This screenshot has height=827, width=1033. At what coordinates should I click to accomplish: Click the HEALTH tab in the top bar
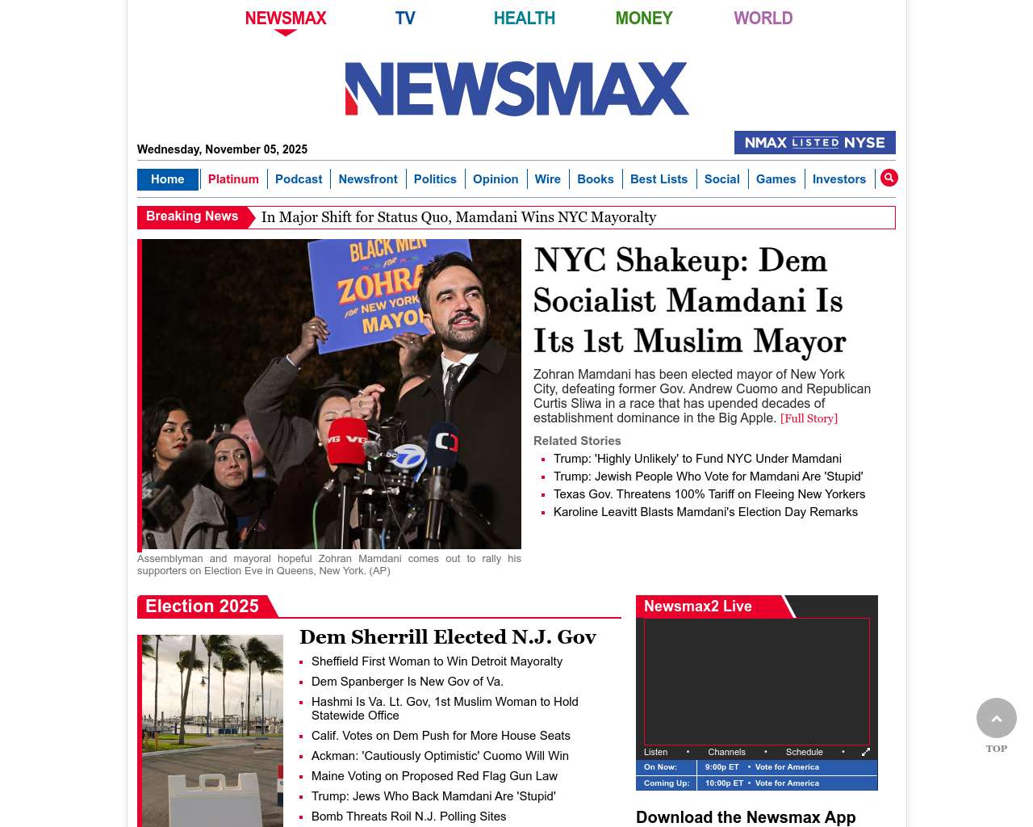[x=524, y=18]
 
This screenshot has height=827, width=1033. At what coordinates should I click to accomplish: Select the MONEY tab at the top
[x=643, y=18]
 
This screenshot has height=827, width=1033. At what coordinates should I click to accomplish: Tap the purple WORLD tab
[x=763, y=18]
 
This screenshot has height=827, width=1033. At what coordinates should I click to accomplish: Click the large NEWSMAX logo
[x=516, y=89]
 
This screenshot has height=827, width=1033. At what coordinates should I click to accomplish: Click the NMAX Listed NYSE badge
[x=814, y=143]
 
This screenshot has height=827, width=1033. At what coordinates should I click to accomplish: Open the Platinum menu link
[x=233, y=179]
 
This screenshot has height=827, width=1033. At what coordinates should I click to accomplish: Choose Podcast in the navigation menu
[x=299, y=179]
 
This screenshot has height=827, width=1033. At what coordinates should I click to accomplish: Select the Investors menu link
[x=839, y=179]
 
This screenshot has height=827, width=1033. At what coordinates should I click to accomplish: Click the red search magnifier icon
[x=889, y=178]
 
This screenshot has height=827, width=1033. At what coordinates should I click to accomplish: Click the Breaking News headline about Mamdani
[x=458, y=217]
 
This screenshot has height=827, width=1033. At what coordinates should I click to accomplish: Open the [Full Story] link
[x=809, y=418]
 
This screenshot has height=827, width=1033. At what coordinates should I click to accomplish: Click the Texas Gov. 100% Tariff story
[x=709, y=494]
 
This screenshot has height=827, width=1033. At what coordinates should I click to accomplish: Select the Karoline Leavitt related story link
[x=705, y=512]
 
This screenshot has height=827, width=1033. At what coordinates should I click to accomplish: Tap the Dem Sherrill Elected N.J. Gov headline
[x=448, y=637]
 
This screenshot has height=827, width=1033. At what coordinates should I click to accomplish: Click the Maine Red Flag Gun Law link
[x=434, y=776]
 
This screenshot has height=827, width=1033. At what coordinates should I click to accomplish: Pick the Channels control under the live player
[x=726, y=752]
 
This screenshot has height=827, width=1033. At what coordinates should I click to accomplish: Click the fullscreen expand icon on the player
[x=866, y=752]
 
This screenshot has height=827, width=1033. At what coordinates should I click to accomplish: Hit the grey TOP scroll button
[x=997, y=719]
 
